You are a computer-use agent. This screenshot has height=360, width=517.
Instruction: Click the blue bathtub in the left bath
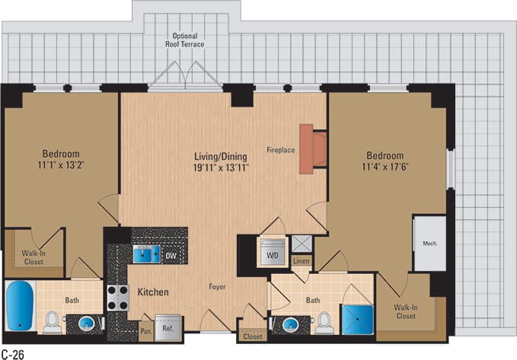click(20, 306)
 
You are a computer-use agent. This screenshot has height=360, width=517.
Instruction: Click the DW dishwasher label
click(171, 255)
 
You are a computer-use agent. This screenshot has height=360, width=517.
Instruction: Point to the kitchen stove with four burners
click(118, 297)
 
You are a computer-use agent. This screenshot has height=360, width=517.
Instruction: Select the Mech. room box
click(429, 244)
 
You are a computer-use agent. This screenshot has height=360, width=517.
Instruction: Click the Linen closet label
click(301, 261)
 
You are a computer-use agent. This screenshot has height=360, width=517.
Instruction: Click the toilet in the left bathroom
click(53, 322)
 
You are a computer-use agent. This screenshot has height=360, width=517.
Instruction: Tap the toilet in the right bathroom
click(325, 321)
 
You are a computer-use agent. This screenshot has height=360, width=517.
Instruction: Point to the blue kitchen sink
click(145, 253)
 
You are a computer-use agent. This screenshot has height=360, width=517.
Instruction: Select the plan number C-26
click(14, 354)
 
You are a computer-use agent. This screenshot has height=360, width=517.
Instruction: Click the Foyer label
click(221, 287)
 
